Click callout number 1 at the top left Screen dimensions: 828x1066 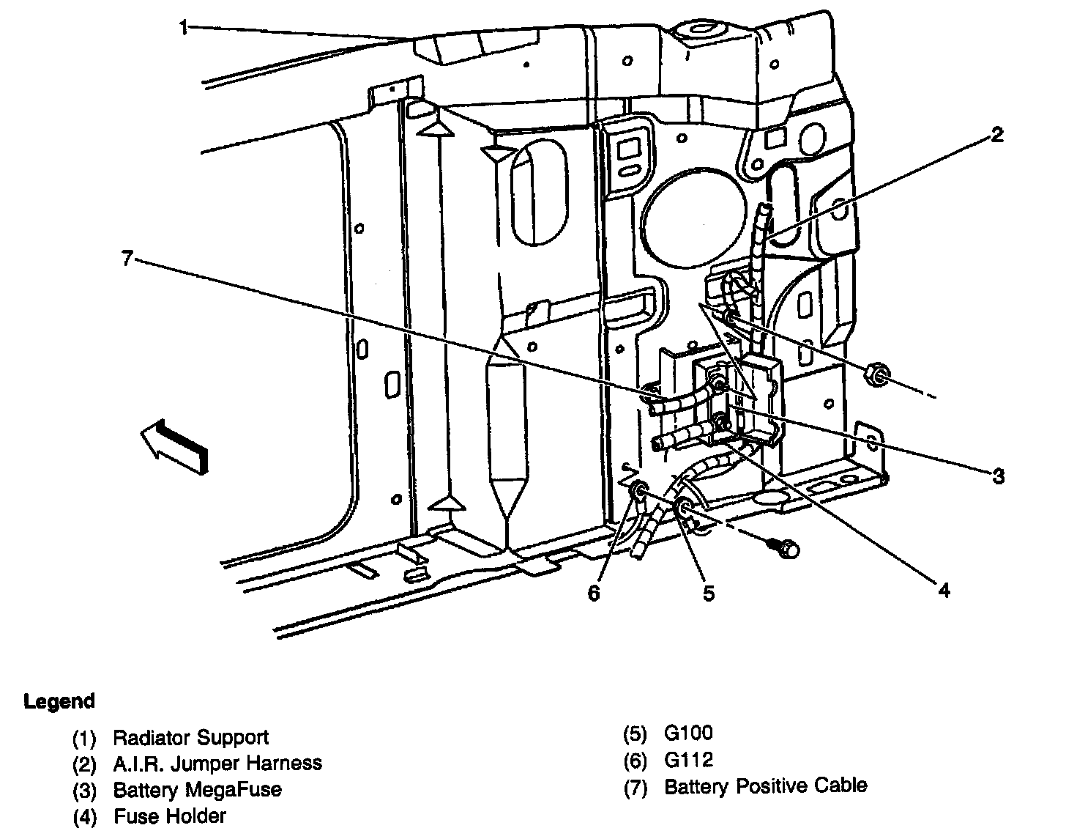[x=183, y=27]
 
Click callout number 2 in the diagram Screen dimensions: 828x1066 [x=996, y=134]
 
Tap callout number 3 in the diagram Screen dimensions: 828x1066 [x=999, y=476]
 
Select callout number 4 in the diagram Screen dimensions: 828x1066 [x=944, y=590]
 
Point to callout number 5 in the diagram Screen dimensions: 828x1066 [x=708, y=593]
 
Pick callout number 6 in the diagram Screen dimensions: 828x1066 [x=593, y=593]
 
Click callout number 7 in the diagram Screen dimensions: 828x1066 [x=127, y=258]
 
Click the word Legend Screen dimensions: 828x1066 [x=59, y=701]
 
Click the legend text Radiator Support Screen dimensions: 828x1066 [x=191, y=737]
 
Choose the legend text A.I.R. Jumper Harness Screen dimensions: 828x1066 [x=217, y=764]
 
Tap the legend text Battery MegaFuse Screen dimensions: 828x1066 [x=198, y=789]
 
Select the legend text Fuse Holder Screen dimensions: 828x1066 [x=170, y=816]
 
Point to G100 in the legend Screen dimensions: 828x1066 [x=688, y=733]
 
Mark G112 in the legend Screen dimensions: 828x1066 [x=688, y=760]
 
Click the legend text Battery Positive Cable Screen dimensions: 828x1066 [x=765, y=786]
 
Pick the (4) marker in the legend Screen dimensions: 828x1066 [x=84, y=817]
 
